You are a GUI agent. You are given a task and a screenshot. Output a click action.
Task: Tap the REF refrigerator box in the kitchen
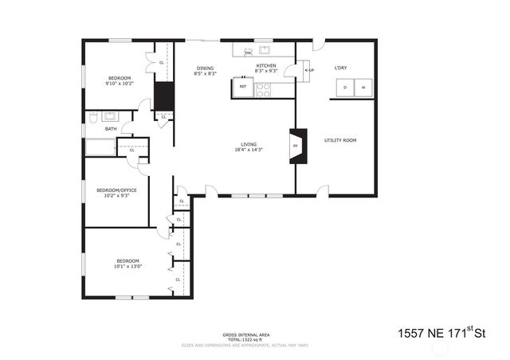243,86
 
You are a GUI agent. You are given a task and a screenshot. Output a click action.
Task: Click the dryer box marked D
344,87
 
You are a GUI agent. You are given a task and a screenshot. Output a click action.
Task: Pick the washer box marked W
363,87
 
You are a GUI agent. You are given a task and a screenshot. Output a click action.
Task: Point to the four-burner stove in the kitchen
264,91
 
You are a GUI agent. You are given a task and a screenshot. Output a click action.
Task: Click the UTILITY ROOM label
339,140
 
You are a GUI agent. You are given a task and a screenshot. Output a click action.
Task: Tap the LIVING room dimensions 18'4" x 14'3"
249,150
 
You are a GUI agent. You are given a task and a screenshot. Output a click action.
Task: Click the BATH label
110,128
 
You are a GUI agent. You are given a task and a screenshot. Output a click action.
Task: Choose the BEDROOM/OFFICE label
113,190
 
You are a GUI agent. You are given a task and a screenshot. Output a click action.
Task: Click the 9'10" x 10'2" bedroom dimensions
119,83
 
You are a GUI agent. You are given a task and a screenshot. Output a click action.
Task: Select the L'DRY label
341,68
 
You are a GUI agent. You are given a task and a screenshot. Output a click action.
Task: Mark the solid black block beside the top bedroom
164,96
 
